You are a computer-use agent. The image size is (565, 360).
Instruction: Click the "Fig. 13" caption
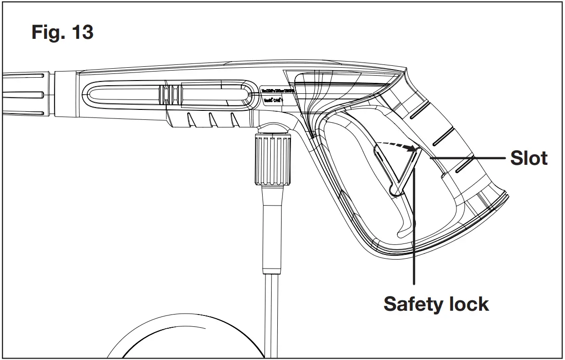[62, 32]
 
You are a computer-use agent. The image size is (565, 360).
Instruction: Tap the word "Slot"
[529, 158]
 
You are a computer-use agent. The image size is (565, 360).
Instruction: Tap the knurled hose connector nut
[272, 159]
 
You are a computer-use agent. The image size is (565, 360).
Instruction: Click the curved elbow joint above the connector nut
[273, 126]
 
